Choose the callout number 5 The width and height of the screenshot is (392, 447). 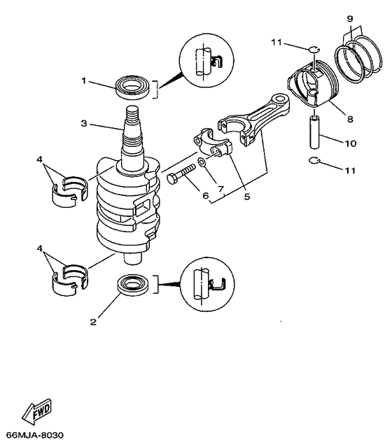246,197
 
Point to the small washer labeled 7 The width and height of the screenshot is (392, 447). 201,163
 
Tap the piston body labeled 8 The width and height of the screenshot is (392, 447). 309,87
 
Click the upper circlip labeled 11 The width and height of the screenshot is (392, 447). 314,48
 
